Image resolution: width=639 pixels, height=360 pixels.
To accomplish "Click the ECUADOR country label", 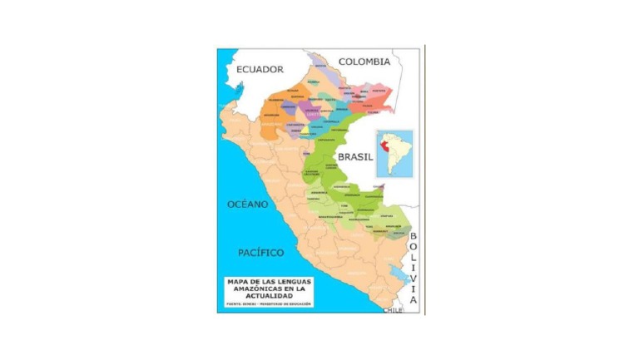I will point(260,70).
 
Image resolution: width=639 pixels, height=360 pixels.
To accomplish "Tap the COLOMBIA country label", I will point(364,62).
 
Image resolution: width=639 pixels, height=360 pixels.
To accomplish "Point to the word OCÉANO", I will point(248,204).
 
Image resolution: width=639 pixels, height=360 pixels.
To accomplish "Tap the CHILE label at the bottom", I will point(393,309).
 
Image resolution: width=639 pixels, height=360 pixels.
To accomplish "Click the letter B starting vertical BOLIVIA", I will point(413,236).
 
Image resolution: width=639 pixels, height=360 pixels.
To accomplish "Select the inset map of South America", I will point(394,155).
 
